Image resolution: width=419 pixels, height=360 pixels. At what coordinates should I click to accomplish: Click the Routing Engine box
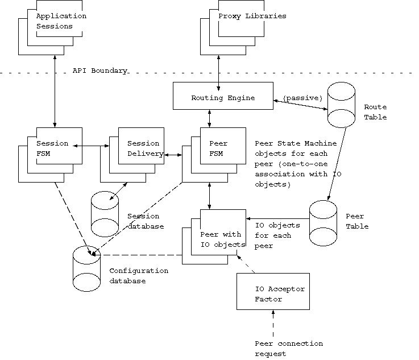point(222,97)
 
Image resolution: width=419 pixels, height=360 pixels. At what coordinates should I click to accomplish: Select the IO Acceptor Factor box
point(273,293)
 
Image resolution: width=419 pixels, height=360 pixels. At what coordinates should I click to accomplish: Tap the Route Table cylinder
point(341,105)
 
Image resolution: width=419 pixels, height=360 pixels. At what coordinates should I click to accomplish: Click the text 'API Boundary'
point(99,71)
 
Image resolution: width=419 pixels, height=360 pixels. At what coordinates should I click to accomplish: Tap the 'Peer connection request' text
point(288,349)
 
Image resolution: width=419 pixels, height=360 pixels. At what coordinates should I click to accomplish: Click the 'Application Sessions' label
point(61,21)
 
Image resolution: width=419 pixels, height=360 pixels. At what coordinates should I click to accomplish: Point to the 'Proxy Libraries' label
point(252,16)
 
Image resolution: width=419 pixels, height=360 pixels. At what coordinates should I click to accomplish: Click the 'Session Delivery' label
point(143,148)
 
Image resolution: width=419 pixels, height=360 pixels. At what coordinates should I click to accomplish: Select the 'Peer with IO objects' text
point(222,239)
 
